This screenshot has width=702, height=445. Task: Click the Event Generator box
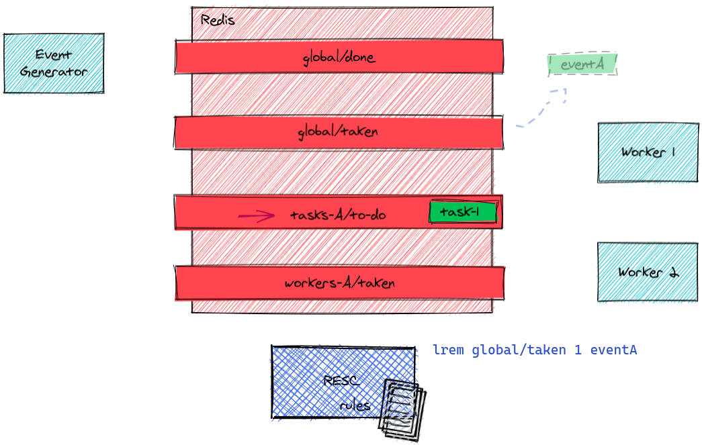click(x=54, y=63)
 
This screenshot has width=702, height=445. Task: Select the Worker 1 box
click(x=648, y=152)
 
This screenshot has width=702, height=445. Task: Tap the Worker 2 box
click(x=648, y=272)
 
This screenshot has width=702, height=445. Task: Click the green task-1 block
click(x=464, y=213)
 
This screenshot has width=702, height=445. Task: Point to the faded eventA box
click(x=582, y=64)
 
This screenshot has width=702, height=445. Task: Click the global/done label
click(x=339, y=58)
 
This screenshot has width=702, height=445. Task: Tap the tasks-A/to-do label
click(x=337, y=215)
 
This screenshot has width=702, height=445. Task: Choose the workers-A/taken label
click(x=339, y=283)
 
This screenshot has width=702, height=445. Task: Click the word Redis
click(x=218, y=20)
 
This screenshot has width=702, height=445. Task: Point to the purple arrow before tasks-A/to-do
click(x=256, y=215)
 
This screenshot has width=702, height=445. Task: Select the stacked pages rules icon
click(x=402, y=409)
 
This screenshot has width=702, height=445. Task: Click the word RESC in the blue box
click(x=341, y=381)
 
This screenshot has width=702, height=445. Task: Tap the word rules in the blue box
click(x=355, y=405)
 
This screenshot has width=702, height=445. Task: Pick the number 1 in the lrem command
click(x=578, y=350)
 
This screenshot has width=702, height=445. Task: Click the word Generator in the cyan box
click(x=54, y=71)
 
